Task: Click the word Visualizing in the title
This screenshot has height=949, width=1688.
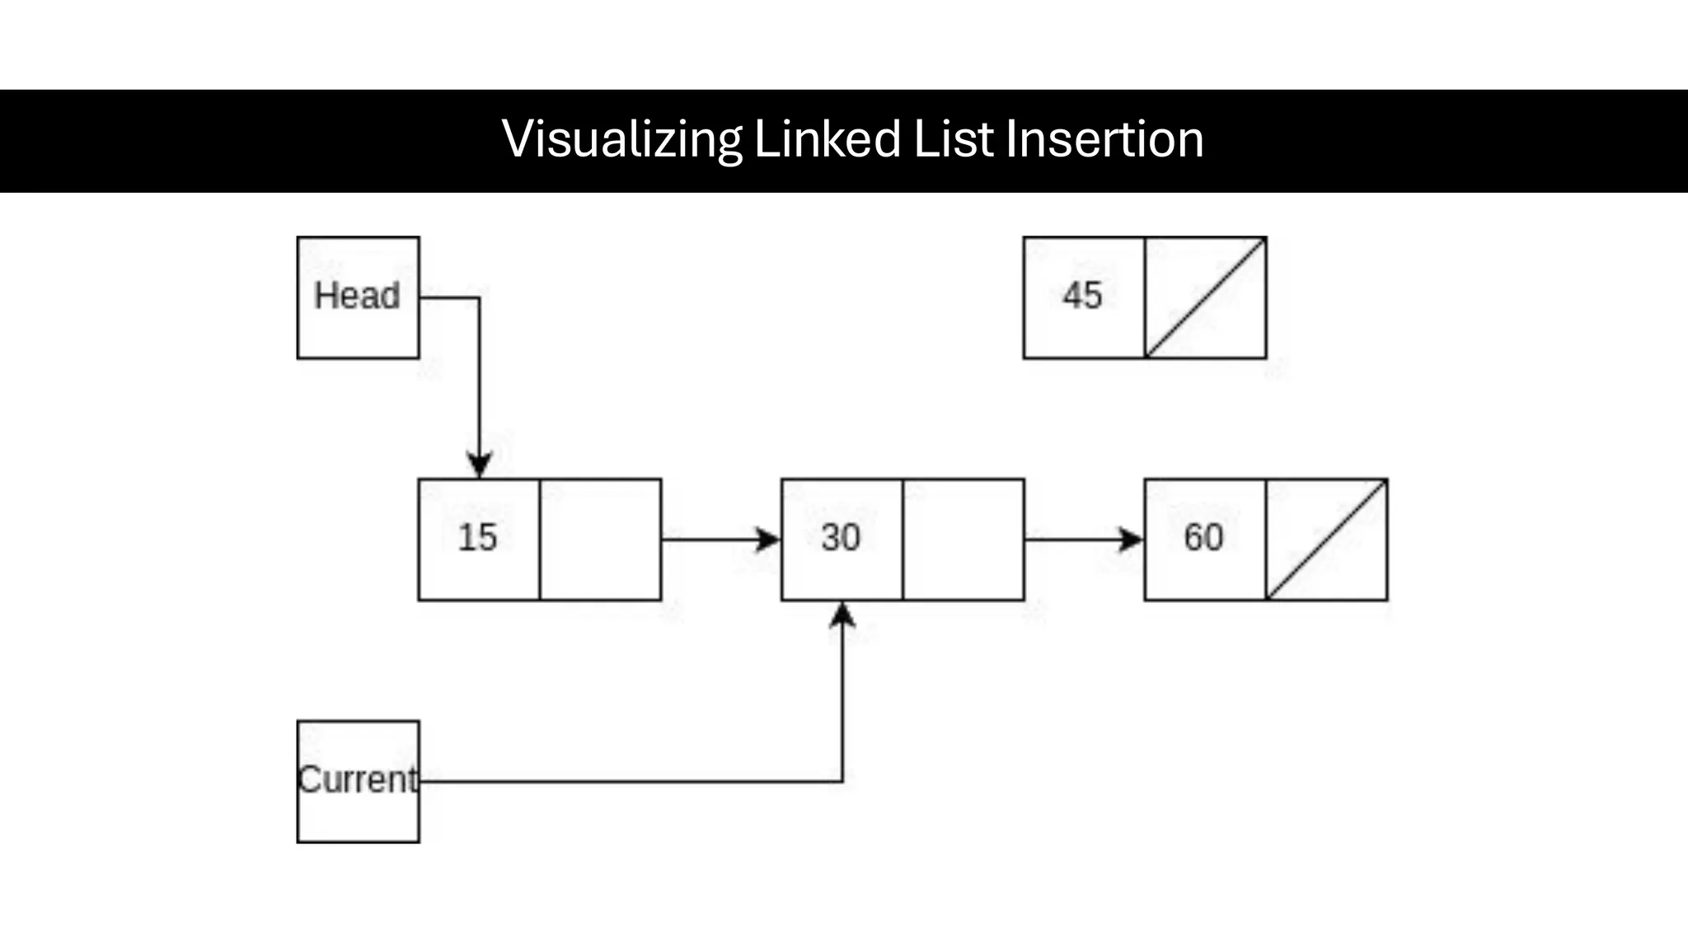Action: pyautogui.click(x=621, y=139)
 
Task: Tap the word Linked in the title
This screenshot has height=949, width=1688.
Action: pyautogui.click(x=827, y=139)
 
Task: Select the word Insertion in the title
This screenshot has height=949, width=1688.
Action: pyautogui.click(x=1104, y=139)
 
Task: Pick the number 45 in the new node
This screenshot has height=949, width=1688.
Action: pyautogui.click(x=1082, y=296)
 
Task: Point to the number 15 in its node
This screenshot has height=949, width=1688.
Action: pyautogui.click(x=477, y=538)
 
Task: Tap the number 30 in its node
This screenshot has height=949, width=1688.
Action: pyautogui.click(x=841, y=538)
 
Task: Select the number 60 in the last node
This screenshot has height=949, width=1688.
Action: pyautogui.click(x=1203, y=538)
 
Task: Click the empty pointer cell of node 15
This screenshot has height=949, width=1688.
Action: pyautogui.click(x=600, y=540)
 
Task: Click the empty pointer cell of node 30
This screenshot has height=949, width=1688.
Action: pyautogui.click(x=964, y=540)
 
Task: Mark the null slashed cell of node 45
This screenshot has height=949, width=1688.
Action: pyautogui.click(x=1206, y=297)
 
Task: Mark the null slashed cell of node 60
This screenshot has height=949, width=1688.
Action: pyautogui.click(x=1327, y=540)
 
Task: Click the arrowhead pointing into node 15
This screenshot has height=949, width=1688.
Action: pyautogui.click(x=479, y=465)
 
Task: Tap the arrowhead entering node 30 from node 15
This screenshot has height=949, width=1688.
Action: pyautogui.click(x=767, y=540)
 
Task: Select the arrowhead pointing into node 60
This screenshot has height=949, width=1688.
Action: pyautogui.click(x=1131, y=540)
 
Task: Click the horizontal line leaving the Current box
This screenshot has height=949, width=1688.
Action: pyautogui.click(x=626, y=781)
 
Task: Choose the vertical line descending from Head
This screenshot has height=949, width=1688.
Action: pyautogui.click(x=479, y=371)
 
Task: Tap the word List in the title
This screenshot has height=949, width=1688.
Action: pyautogui.click(x=954, y=139)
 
